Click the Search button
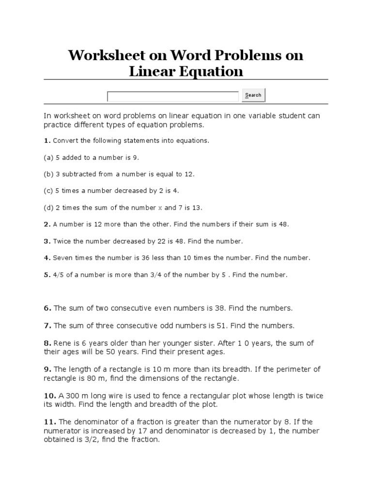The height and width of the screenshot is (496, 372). coord(253,95)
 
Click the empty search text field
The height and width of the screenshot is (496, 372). coord(172,96)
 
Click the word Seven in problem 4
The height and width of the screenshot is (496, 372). coord(62,258)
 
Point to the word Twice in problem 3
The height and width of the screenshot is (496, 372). coord(62,241)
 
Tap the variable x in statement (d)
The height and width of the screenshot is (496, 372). coord(160,208)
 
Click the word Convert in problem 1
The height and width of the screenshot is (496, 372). coord(65,141)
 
